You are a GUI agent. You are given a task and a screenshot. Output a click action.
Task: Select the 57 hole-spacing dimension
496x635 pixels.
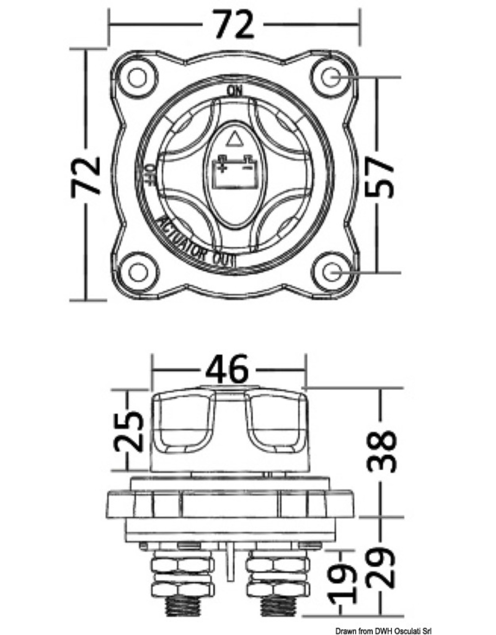point(379,177)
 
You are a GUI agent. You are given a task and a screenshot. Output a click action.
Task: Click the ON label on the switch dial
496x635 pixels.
point(235,91)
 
